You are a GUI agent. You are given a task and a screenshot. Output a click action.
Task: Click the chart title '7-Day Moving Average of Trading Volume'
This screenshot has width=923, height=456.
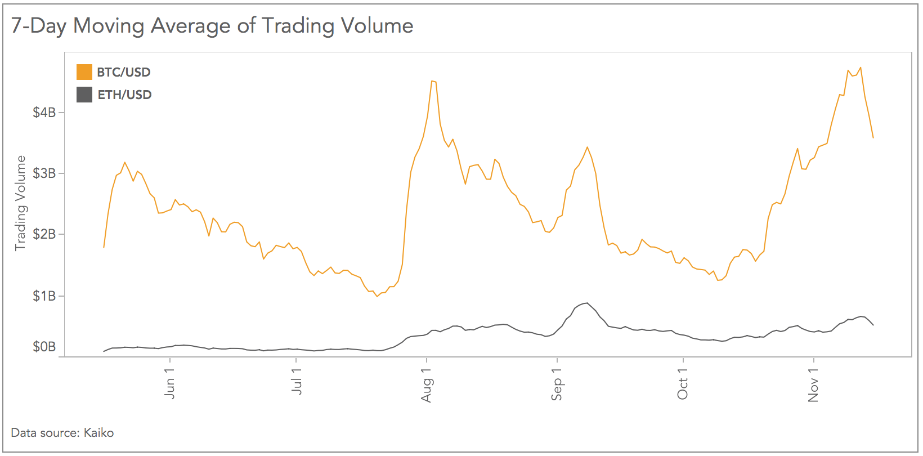(x=212, y=26)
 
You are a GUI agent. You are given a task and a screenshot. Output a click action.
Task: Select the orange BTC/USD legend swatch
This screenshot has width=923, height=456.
(x=84, y=72)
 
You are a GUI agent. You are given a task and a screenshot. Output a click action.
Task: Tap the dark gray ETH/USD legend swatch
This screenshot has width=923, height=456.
(x=84, y=95)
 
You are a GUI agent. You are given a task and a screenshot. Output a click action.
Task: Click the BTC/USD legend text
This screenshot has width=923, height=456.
(x=124, y=72)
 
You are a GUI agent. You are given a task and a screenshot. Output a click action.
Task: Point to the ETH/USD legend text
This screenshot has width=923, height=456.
(x=124, y=95)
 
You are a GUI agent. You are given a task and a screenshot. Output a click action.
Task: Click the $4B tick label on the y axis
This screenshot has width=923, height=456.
(x=44, y=112)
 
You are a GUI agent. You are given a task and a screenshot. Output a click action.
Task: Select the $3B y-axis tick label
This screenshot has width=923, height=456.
(x=44, y=173)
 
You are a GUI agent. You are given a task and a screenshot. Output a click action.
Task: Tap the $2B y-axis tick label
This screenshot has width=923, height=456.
(x=44, y=234)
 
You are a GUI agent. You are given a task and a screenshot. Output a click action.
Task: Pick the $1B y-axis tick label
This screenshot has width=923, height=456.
(x=44, y=296)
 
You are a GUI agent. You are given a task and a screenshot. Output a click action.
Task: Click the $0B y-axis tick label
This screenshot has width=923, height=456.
(x=44, y=347)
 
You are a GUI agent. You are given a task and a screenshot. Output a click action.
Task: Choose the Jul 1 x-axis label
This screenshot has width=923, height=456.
(x=297, y=382)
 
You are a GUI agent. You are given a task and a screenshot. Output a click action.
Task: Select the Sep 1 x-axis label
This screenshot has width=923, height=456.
(x=557, y=385)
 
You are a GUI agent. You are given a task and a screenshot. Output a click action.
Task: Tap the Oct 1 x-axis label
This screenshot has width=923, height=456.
(x=683, y=384)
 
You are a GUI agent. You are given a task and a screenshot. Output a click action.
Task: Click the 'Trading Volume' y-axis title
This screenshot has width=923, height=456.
(x=20, y=203)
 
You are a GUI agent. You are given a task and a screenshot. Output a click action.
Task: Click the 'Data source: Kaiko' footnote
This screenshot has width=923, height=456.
(x=62, y=433)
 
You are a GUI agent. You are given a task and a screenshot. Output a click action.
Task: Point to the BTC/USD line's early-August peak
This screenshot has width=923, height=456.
(x=432, y=81)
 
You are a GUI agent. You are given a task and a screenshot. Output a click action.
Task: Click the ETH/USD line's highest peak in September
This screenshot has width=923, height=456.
(x=587, y=303)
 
